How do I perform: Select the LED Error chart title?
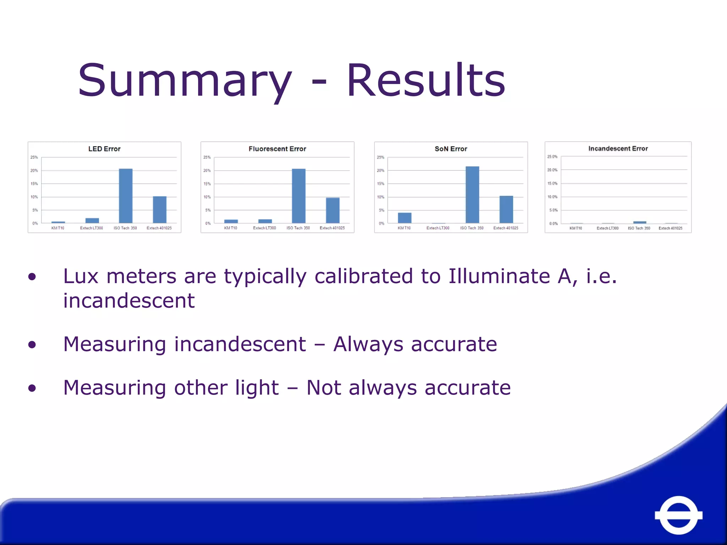[104, 149]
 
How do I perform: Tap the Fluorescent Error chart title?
[277, 149]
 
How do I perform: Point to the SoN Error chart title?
[451, 149]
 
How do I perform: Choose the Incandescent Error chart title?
[618, 149]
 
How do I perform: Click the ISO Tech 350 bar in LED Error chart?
[126, 196]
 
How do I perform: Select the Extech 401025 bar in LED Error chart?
[160, 210]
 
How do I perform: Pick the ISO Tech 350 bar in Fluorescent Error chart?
[299, 196]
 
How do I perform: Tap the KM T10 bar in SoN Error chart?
[405, 218]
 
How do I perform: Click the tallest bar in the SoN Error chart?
[472, 195]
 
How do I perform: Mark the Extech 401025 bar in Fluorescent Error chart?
[333, 210]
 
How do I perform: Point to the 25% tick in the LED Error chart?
[34, 157]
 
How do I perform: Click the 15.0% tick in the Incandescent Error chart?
[552, 183]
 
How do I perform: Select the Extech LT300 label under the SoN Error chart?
[438, 228]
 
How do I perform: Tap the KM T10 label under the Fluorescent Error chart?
[231, 228]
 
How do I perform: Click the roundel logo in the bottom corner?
[678, 515]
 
